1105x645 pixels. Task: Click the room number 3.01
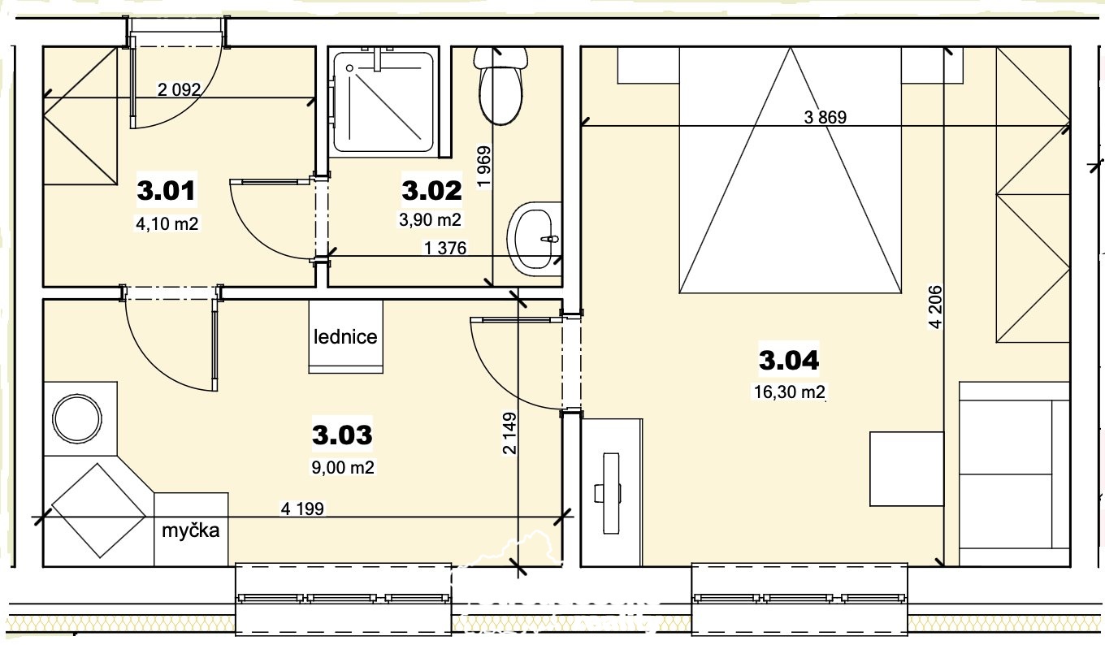(167, 190)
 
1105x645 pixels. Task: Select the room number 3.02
(431, 190)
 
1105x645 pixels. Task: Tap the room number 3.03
(342, 435)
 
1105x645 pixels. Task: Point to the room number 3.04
(789, 360)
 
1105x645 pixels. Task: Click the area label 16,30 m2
(789, 392)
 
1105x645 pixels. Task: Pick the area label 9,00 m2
(343, 467)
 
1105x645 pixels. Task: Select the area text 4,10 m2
(167, 224)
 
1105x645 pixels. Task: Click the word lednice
(345, 337)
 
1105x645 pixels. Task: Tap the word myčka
(190, 530)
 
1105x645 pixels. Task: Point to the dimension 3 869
(825, 117)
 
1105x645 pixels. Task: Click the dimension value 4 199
(302, 509)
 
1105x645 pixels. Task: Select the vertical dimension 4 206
(935, 307)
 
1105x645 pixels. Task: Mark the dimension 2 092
(179, 89)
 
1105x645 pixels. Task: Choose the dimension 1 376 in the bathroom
(445, 248)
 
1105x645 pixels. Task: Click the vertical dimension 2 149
(509, 433)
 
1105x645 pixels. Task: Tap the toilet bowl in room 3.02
(500, 84)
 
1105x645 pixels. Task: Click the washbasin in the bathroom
(535, 239)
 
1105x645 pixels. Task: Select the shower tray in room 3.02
(383, 102)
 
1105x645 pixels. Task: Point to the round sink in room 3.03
(77, 418)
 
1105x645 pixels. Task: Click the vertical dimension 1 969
(484, 167)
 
